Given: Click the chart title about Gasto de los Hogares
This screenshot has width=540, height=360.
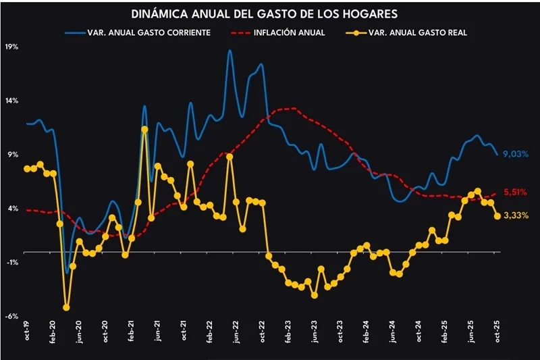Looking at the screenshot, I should click(270, 14).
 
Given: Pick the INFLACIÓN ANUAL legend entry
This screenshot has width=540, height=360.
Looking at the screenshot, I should click(291, 32).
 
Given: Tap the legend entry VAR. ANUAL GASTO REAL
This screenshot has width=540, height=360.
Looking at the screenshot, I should click(419, 32).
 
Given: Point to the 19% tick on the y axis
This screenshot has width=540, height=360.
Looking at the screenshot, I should click(11, 47).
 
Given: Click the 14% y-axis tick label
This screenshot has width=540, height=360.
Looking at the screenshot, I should click(11, 101).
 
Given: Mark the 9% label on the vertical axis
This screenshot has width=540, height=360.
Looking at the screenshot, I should click(13, 155).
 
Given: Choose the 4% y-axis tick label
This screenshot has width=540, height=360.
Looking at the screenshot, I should click(13, 208).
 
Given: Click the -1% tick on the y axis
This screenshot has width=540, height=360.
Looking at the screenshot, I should click(12, 262).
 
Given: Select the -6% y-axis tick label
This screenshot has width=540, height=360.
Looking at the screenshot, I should click(12, 315).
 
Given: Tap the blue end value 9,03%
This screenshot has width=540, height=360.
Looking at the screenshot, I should click(515, 155).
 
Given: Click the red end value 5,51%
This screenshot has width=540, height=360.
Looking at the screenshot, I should click(515, 192).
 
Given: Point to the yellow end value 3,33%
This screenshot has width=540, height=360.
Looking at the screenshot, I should click(515, 215).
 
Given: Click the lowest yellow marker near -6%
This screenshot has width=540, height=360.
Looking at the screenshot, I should click(66, 307).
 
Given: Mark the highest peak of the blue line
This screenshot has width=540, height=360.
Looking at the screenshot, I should click(230, 51).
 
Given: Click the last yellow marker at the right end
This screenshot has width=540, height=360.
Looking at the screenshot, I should click(497, 216).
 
